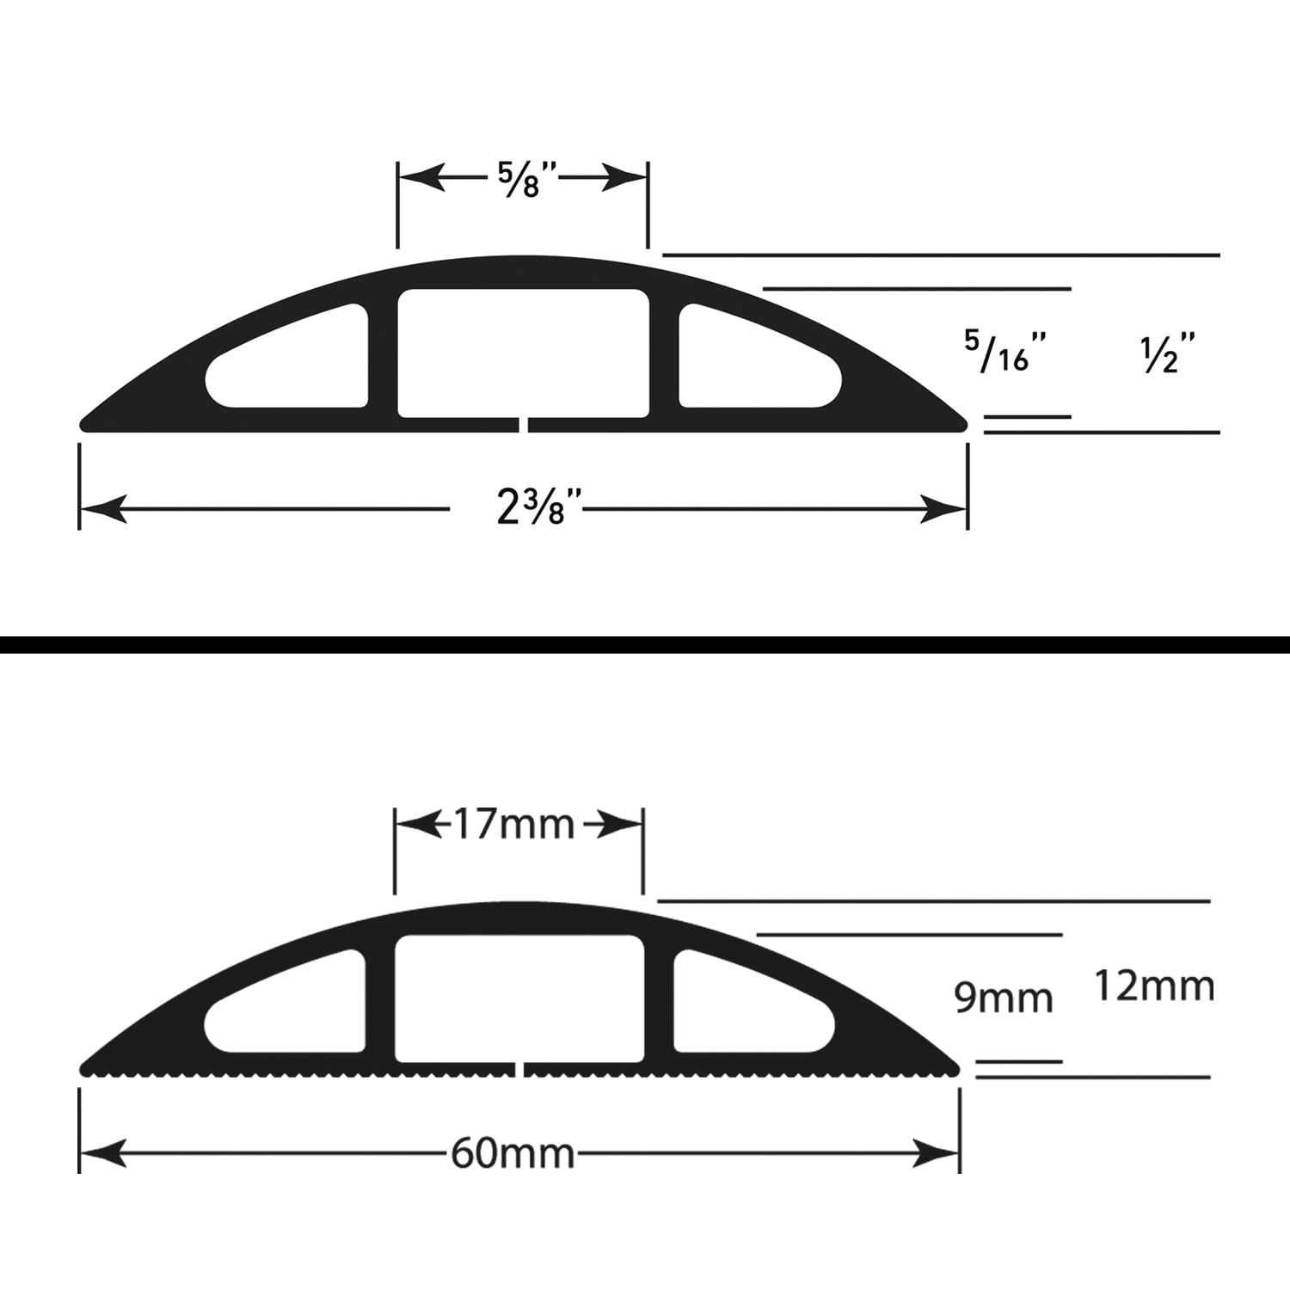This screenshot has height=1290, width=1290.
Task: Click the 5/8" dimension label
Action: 529,179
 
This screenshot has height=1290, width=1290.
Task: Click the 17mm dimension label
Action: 513,825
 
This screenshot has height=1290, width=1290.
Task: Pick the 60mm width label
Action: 513,1153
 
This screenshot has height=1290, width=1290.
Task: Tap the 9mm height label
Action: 1004,998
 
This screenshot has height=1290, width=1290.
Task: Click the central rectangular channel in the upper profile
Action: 523,354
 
